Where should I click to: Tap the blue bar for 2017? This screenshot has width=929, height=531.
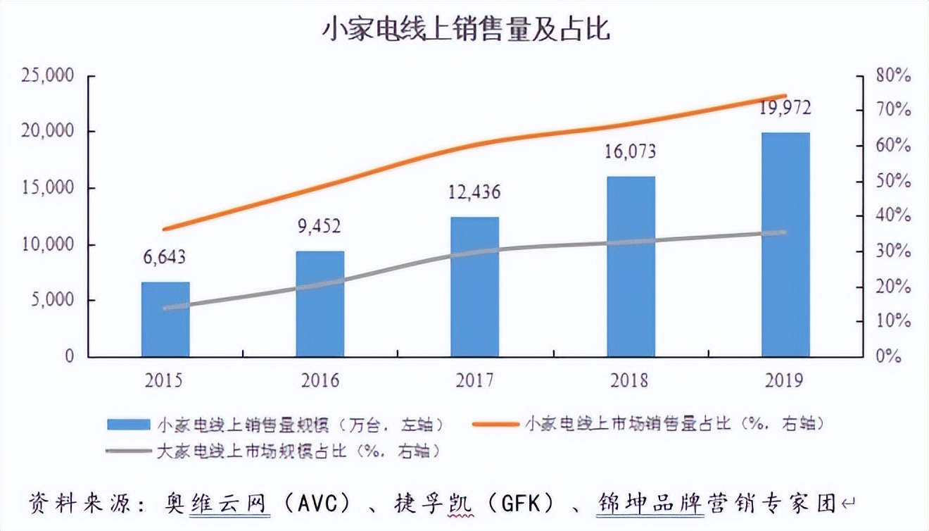point(475,287)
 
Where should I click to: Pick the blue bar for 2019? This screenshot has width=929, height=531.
point(785,244)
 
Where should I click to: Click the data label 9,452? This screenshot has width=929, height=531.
point(320,226)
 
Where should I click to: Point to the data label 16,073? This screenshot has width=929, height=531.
point(631,151)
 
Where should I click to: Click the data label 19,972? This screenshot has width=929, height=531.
point(785,108)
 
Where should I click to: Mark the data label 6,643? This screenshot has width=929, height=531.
point(165,257)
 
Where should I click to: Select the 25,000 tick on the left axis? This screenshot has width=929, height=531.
point(47,75)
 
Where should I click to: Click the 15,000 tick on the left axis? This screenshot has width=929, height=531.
point(47,188)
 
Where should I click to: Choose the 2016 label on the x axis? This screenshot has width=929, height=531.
point(320,381)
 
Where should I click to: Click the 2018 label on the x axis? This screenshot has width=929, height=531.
point(631,381)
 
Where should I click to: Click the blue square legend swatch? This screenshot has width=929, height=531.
point(129,424)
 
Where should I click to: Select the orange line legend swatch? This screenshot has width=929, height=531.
point(496,424)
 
